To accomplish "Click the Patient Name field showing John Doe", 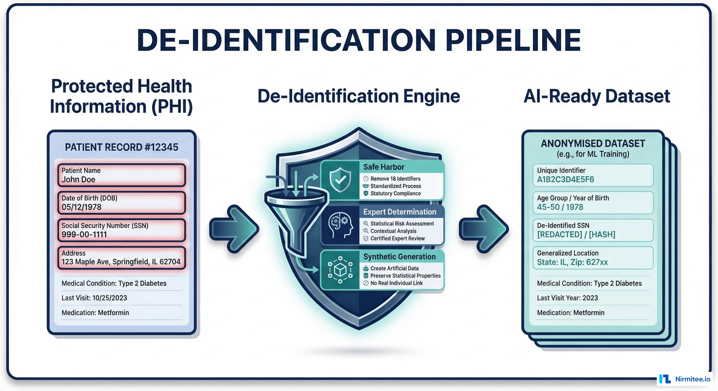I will [x=121, y=175].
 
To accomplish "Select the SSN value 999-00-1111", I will [x=84, y=235].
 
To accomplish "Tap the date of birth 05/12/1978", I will [x=81, y=207].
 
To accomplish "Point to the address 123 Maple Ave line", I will [x=121, y=262].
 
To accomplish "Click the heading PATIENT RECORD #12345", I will [x=122, y=147].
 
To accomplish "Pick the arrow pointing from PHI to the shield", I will [x=234, y=229].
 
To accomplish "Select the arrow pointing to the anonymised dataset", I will [x=484, y=229].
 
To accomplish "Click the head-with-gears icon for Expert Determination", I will [x=340, y=225].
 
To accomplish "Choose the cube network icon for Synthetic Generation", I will [x=340, y=270].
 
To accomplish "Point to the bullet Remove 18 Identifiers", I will [x=395, y=179].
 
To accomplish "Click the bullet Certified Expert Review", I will [x=397, y=239].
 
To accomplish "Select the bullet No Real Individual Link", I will [x=396, y=283].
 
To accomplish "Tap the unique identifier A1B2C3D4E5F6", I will [x=566, y=179].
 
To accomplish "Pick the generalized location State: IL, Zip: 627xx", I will [x=572, y=262].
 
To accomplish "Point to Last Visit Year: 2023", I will [x=568, y=298].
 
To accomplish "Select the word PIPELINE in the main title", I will [x=513, y=40].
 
